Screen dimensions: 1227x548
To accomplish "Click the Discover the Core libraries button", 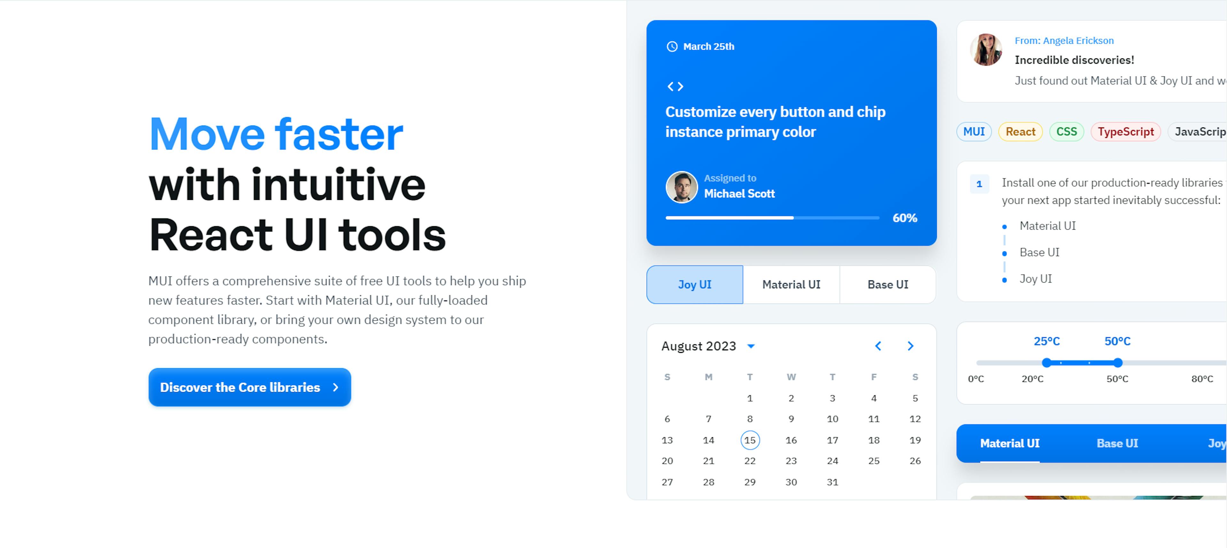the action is coord(250,387).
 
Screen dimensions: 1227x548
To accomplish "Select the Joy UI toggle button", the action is coord(694,284).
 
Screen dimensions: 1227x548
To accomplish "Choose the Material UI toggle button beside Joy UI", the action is coord(791,284).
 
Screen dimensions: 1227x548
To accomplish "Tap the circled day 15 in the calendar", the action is coord(750,440).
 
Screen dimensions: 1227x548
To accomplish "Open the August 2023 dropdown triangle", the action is coord(751,346).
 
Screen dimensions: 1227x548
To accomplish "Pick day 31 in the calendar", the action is coord(832,482).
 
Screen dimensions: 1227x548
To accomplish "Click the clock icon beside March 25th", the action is coord(672,46).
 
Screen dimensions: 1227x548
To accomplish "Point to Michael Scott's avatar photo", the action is coord(682,187).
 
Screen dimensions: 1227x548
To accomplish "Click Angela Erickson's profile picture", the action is coord(986,49).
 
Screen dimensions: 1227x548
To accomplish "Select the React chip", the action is coord(1020,131).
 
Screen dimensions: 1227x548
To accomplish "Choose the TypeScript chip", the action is coord(1125,131).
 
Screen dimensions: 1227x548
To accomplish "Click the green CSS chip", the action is coord(1067,131).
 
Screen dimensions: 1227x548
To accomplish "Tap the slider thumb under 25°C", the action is coord(1046,363).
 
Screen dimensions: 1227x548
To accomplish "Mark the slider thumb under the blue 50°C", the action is coord(1117,363).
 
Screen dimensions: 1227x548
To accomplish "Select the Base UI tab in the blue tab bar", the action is coord(1117,443).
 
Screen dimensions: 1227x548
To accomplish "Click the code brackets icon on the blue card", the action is coord(675,86).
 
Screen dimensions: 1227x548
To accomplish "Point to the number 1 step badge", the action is coord(979,184).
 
